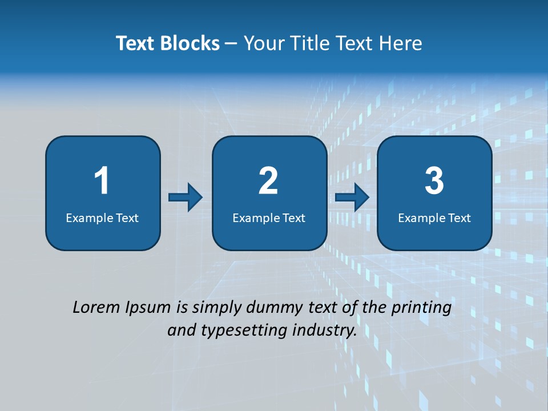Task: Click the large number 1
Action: [x=102, y=181]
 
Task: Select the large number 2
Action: [x=268, y=181]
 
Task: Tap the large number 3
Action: [x=434, y=181]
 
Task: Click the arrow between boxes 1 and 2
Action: [x=186, y=198]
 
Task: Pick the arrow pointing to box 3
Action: [x=352, y=198]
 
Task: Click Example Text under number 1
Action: [x=102, y=217]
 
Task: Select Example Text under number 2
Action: [x=269, y=217]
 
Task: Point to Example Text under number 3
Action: [x=434, y=217]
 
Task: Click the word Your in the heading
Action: [x=264, y=43]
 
